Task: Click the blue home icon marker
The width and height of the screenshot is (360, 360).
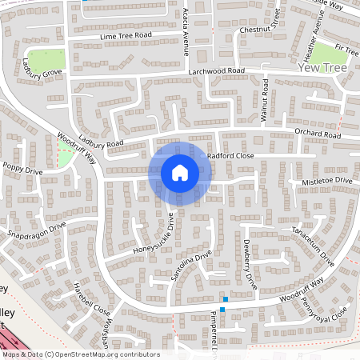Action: coord(180,172)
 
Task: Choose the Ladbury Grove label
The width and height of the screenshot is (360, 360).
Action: coord(42,69)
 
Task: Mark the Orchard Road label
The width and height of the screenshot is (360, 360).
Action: coord(318,134)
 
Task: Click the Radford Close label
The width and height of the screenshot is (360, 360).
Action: coord(230,156)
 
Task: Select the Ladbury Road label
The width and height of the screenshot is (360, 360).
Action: coord(101,142)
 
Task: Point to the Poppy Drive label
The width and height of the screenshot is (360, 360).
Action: coord(22,170)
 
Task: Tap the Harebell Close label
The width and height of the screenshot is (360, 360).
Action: coord(91,298)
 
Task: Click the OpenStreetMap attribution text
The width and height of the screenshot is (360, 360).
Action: coord(80,354)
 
